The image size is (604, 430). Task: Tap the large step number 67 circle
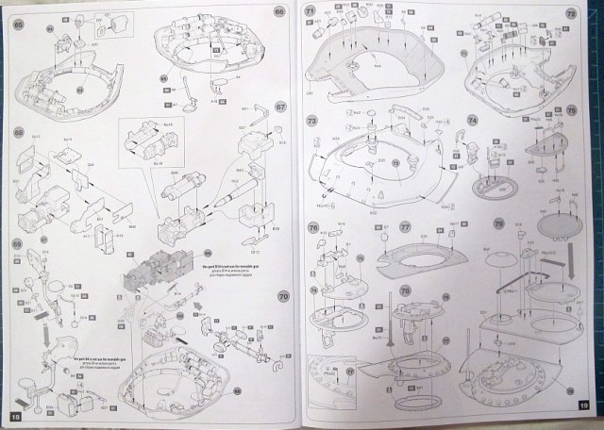[280, 108]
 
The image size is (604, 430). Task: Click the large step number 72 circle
[570, 14]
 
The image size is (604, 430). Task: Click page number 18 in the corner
[14, 416]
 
